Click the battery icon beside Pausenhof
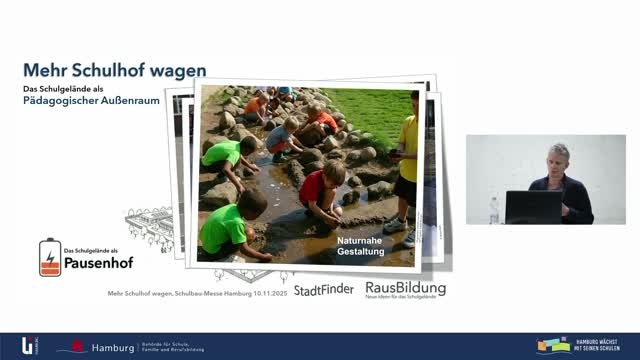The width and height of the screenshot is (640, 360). coord(49,257)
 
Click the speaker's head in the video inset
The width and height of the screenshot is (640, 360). coord(558,157)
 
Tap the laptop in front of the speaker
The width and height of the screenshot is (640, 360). coord(533,206)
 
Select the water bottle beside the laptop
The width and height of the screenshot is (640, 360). coord(493,210)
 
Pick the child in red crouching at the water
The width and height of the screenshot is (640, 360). coord(320,192)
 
